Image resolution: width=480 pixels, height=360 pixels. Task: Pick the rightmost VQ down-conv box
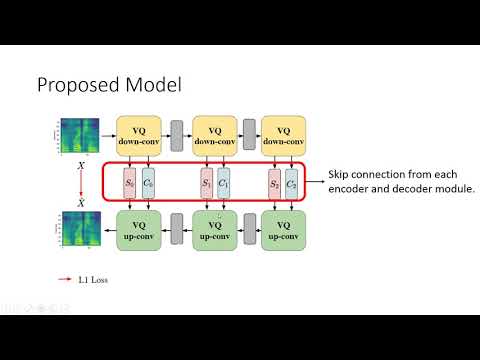[283, 135]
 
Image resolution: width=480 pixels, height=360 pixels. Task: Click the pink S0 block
[129, 184]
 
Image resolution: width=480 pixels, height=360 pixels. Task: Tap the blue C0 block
[147, 184]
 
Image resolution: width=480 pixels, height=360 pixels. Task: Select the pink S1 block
[206, 184]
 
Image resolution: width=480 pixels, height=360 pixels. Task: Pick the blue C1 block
[224, 184]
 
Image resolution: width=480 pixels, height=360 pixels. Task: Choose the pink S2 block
[273, 184]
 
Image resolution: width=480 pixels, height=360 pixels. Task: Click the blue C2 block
[291, 184]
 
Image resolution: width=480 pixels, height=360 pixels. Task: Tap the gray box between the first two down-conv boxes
[178, 132]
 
